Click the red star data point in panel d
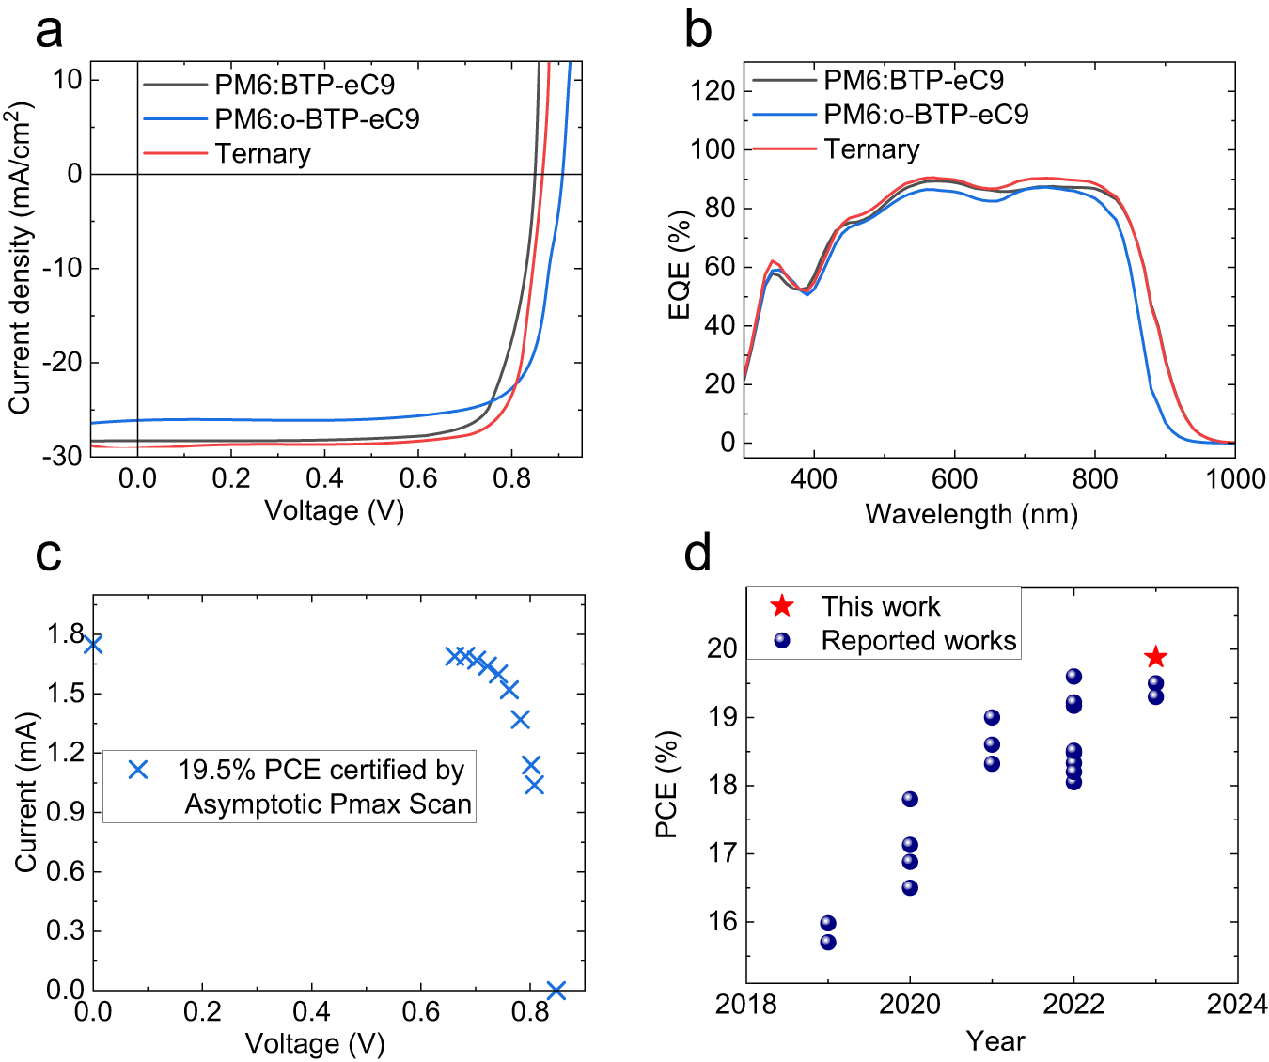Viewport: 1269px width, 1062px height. (x=1155, y=657)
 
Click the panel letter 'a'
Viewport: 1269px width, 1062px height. (x=49, y=30)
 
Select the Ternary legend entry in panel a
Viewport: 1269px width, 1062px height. (x=262, y=153)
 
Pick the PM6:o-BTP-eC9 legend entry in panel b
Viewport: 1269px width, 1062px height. (x=926, y=115)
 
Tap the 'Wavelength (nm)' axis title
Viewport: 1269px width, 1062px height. (x=971, y=514)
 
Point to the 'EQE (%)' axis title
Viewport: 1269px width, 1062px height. (x=680, y=265)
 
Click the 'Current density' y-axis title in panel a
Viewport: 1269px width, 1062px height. (x=21, y=258)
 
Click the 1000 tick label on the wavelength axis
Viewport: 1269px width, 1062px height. (x=1235, y=479)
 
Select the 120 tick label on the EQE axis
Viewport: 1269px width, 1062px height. (x=714, y=91)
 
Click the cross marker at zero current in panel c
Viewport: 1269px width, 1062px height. (x=556, y=990)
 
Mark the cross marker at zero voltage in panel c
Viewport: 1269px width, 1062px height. (x=92, y=644)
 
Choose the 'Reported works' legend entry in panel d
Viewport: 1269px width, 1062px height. (x=918, y=641)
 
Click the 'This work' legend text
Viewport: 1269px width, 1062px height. (x=881, y=606)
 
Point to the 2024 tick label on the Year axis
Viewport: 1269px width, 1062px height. (x=1237, y=1005)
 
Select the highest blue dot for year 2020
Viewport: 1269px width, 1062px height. (x=910, y=799)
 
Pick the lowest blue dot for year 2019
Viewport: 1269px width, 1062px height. (x=828, y=942)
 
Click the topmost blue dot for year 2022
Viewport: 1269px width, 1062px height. (x=1073, y=677)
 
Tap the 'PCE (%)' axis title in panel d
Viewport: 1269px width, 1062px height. (x=666, y=784)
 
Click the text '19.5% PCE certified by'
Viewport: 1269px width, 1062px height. (x=321, y=771)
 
